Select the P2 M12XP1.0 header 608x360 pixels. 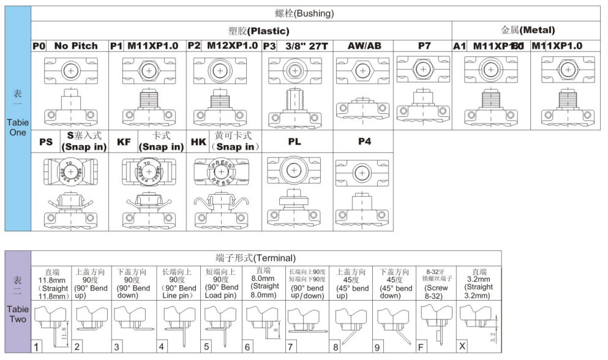(x=222, y=46)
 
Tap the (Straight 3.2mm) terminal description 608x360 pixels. (x=479, y=285)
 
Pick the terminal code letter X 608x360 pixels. (x=463, y=347)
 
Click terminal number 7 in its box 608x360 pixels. (x=290, y=347)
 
